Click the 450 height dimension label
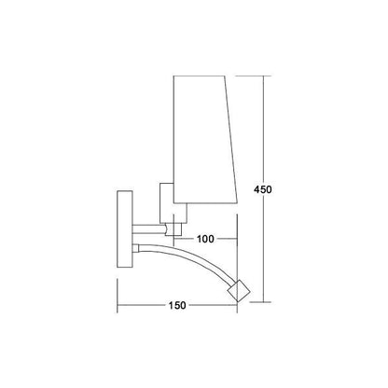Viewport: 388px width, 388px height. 263,189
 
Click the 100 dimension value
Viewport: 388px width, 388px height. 205,239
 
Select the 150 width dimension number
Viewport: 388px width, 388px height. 177,305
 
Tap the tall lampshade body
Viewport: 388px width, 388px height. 202,140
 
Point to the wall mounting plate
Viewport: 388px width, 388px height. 125,229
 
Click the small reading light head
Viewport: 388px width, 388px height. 239,291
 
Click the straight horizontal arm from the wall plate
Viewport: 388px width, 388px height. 149,229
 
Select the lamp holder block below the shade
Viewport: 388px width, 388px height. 173,203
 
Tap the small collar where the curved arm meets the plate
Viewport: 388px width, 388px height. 135,248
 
